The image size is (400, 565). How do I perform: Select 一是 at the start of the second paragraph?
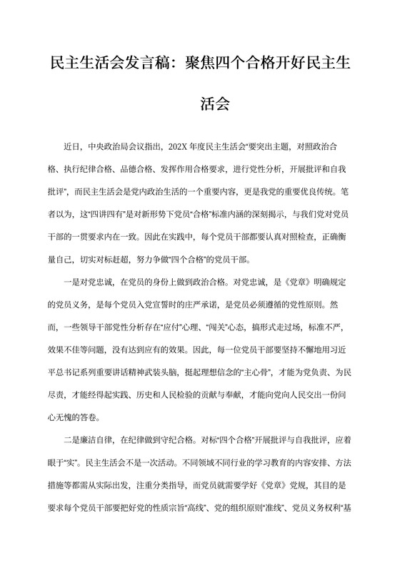(x=73, y=281)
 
